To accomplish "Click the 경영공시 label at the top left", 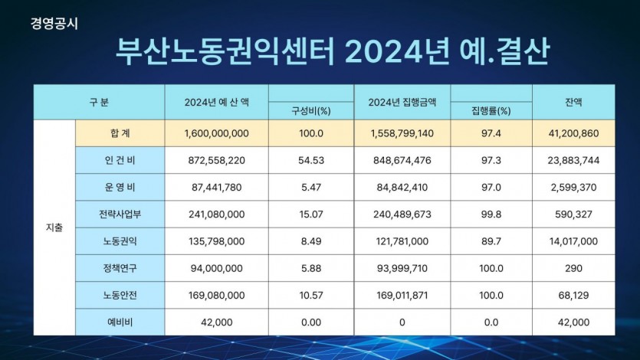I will pos(55,22).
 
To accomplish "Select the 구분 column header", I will pos(99,102).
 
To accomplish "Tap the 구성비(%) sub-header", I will pos(311,111).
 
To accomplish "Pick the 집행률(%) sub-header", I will pos(491,111).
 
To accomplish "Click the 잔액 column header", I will pos(573,102).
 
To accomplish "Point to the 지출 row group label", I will pos(54,227).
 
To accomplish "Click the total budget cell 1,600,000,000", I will pos(217,133).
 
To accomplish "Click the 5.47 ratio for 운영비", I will pos(311,187).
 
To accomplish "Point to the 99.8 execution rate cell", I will pos(491,214).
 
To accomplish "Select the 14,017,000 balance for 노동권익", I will pos(573,241).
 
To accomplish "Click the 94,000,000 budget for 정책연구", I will pos(217,268).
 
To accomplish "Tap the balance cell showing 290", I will pos(573,268).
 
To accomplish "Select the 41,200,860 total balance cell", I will pos(573,133).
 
